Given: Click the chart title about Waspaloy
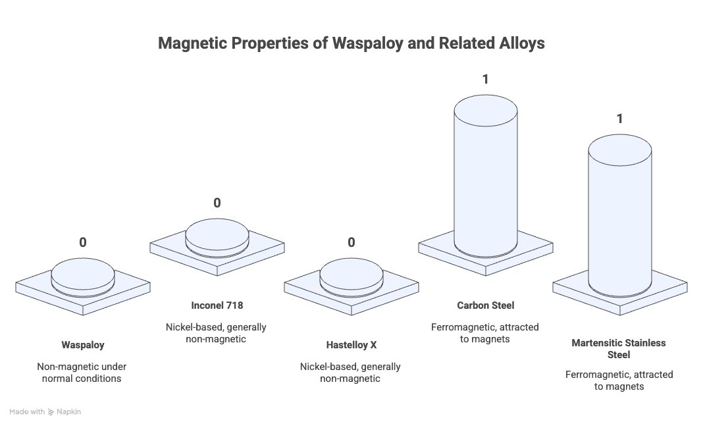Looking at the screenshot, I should point(351,43).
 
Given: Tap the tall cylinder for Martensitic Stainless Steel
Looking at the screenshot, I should point(619,214).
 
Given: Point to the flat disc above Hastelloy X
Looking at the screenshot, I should point(351,277).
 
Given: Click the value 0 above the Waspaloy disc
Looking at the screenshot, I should point(83,242).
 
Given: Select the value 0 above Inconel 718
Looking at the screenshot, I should point(217,203).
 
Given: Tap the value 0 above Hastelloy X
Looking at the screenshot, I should point(351,242).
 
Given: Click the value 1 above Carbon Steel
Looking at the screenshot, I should point(486,79).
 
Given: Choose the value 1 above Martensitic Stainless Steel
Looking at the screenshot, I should point(619,119).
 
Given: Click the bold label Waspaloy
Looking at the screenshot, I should point(83,345).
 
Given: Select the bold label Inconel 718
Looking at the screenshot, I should point(217,305).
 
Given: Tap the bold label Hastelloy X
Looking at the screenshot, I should point(351,345).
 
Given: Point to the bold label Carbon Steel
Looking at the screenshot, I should point(486,305).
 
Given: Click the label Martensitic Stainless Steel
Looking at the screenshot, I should point(619,349).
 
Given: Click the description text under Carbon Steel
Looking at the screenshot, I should point(485,333).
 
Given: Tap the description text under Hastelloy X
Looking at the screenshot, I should point(350,373).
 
